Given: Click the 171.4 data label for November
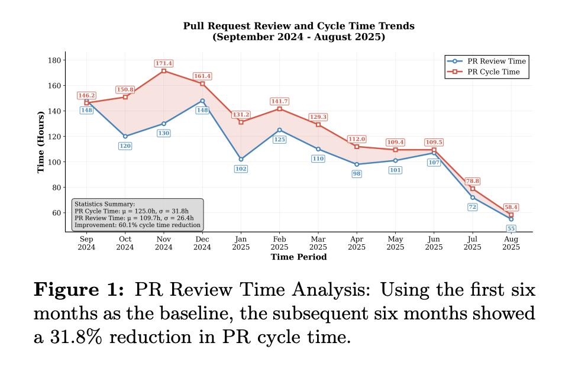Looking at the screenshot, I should pyautogui.click(x=163, y=63).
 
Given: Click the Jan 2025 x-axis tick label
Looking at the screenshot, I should pyautogui.click(x=241, y=243).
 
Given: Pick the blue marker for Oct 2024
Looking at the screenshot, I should pyautogui.click(x=125, y=136).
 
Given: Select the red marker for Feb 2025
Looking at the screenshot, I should pyautogui.click(x=279, y=109).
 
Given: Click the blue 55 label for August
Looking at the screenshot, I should pyautogui.click(x=511, y=228).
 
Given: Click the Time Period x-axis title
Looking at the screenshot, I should pyautogui.click(x=299, y=257).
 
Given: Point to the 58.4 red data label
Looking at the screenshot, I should pyautogui.click(x=511, y=207).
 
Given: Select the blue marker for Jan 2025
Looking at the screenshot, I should pyautogui.click(x=241, y=159).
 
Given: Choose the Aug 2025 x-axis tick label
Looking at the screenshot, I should pyautogui.click(x=511, y=243).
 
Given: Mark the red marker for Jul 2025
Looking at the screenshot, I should pyautogui.click(x=473, y=189).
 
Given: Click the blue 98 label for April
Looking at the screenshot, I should pyautogui.click(x=357, y=174).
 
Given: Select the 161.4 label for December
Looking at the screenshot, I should pyautogui.click(x=202, y=76).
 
